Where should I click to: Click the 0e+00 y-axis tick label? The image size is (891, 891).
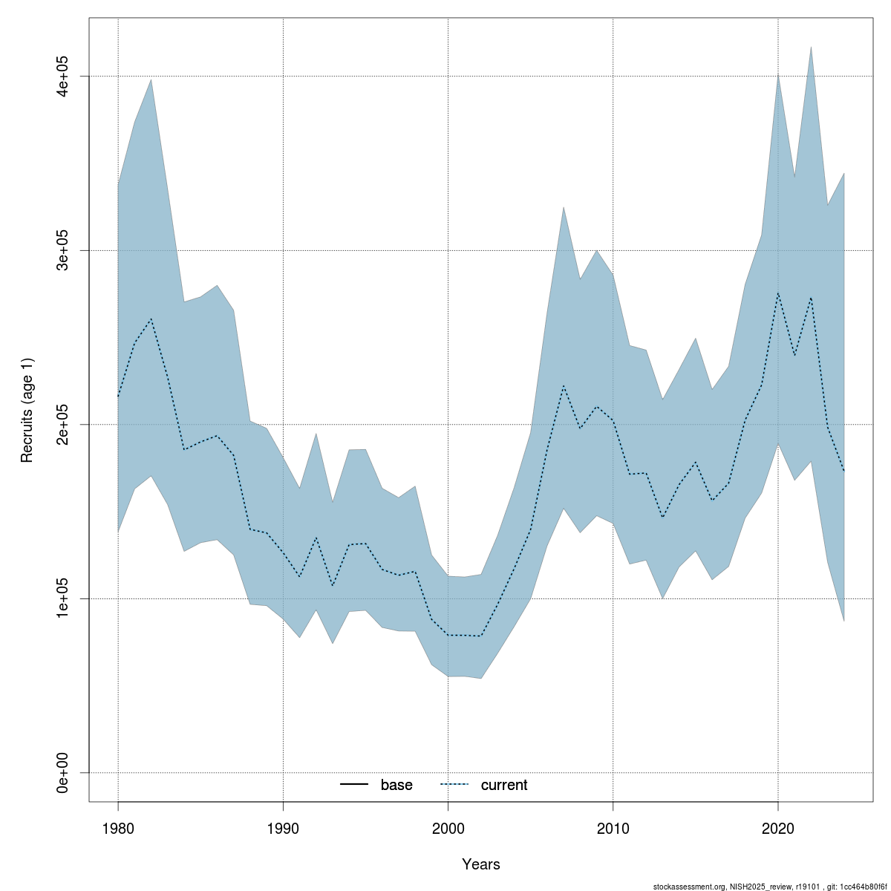(64, 772)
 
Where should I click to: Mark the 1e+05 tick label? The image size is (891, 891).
(64, 598)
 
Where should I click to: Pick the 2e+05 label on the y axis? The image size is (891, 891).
(64, 425)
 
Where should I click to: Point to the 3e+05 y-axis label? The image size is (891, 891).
(64, 251)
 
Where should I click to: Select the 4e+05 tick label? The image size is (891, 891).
(64, 76)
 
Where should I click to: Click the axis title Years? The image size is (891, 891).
(481, 864)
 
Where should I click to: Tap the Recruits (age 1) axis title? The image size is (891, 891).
(27, 410)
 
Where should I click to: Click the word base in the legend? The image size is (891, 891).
(396, 785)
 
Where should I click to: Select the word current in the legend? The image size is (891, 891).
(504, 785)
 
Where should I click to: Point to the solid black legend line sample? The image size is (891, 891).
(355, 785)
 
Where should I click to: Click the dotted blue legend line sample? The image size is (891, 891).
(455, 785)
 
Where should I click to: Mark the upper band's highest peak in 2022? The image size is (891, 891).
(811, 47)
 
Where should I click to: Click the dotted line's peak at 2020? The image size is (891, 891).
(777, 293)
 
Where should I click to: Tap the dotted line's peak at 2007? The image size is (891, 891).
(564, 386)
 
